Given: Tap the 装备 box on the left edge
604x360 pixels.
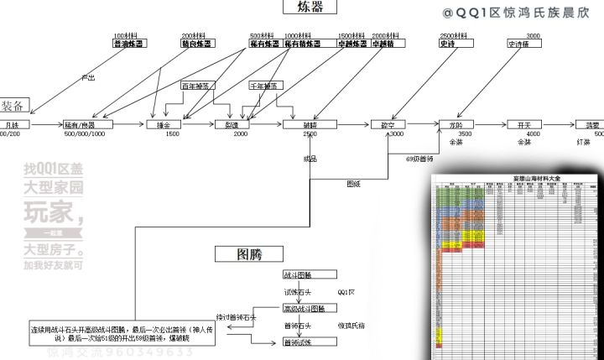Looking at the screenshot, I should (x=16, y=106).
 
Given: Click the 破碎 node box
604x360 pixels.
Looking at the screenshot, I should (x=310, y=124).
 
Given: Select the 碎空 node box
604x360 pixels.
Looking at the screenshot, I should (x=388, y=124).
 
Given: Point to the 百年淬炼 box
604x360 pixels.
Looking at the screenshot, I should (x=198, y=86).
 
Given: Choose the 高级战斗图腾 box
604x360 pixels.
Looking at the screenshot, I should (x=303, y=308).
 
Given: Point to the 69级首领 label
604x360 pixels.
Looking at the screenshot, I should (x=419, y=157).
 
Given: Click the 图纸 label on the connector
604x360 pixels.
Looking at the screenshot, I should (x=354, y=183).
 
